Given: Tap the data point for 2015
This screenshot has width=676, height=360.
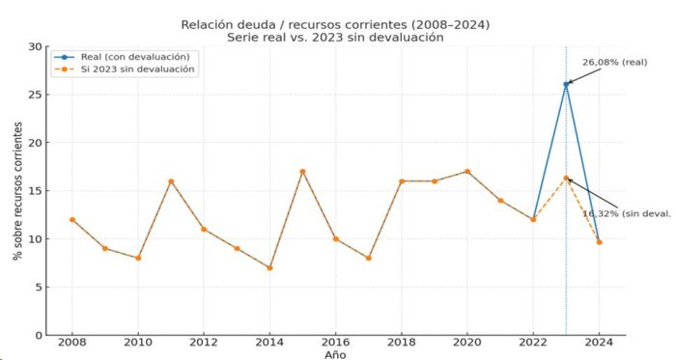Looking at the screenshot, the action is (302, 172).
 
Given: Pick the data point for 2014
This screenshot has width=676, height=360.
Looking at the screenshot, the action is (269, 268).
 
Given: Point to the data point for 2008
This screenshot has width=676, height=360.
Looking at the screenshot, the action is (72, 220).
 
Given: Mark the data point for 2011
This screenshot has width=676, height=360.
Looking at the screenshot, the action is (171, 181).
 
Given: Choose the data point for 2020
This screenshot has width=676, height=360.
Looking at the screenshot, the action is (467, 172).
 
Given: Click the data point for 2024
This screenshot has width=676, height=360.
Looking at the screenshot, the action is (600, 242).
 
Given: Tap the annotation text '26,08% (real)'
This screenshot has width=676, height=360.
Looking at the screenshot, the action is (615, 63).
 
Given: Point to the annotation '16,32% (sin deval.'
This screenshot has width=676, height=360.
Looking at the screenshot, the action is (627, 213).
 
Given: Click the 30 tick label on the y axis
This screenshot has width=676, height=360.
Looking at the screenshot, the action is (36, 46).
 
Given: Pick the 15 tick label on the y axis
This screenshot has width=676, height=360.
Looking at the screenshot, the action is (36, 191).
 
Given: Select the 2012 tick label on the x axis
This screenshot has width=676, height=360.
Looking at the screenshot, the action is (204, 343).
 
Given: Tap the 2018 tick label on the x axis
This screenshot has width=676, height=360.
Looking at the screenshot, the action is (402, 343).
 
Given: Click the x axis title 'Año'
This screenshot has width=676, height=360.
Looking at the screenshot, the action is (335, 355).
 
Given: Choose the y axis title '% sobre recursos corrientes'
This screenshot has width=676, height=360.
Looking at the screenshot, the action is (17, 191).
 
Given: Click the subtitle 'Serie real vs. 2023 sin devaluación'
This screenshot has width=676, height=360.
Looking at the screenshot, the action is (335, 38).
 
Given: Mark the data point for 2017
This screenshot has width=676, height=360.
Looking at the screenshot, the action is (369, 258).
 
